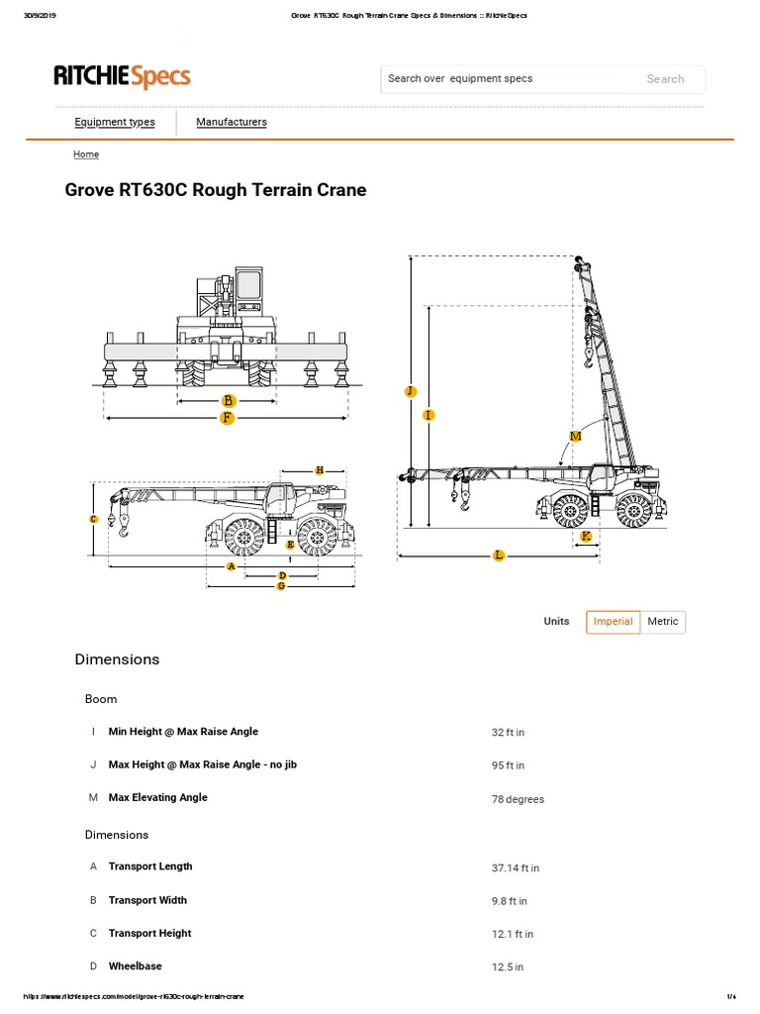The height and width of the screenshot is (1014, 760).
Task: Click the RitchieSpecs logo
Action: coord(122,77)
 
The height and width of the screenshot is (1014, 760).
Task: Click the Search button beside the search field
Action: coord(665,79)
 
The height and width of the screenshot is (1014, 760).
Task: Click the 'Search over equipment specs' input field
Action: coord(505,79)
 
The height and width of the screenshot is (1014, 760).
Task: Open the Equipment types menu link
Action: coord(115,122)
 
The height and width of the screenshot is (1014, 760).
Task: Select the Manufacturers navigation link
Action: coord(231,122)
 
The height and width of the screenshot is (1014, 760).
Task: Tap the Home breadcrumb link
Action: coord(86,154)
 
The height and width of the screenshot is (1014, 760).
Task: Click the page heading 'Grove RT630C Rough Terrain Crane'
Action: coord(215,190)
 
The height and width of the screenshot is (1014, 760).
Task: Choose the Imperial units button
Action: coord(613,622)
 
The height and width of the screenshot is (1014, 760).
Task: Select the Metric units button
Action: coord(663,622)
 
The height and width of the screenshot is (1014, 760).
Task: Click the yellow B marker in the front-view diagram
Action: coord(229,401)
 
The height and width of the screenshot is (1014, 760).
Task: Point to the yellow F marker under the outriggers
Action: coord(227,418)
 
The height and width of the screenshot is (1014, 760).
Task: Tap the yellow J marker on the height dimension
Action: coord(411,392)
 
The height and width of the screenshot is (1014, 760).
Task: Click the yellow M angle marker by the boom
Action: coord(575,436)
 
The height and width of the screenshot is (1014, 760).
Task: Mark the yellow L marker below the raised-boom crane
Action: coord(499,556)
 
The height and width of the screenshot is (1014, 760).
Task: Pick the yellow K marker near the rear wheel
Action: coord(586,536)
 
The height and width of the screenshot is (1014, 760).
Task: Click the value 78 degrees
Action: coord(518,799)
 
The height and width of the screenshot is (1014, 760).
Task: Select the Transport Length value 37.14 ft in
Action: coord(515,867)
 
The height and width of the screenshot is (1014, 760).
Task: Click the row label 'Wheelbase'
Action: coord(135,965)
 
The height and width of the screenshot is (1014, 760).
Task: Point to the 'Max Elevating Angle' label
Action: coord(157,797)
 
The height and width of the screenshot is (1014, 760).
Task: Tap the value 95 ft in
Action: coord(508,765)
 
